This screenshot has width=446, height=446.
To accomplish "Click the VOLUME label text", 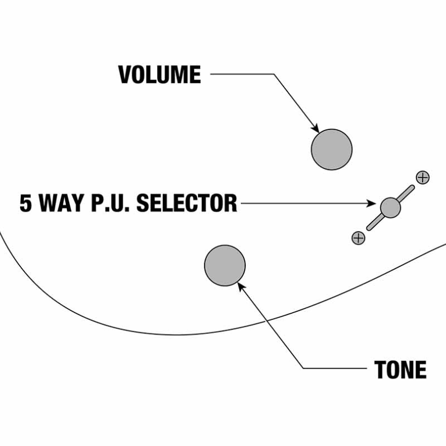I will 159,75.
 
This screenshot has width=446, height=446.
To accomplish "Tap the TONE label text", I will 400,370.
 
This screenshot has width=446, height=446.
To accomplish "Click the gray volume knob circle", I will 332,149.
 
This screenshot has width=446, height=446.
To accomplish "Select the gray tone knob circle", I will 225,265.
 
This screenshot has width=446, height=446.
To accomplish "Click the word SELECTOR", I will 187,203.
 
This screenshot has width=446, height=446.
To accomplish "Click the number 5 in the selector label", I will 26,203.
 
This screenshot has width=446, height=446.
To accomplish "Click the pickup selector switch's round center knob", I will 390,207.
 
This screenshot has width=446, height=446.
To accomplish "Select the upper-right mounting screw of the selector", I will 423,177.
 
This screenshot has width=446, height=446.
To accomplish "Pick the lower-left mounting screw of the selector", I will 358,238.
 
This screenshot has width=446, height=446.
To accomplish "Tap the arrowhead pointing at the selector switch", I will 377,203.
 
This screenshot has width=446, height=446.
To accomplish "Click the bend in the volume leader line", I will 274,74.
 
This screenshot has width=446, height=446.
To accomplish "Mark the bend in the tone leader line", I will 304,369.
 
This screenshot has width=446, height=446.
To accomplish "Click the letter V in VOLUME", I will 125,75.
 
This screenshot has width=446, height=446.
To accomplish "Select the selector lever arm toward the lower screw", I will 374,222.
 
